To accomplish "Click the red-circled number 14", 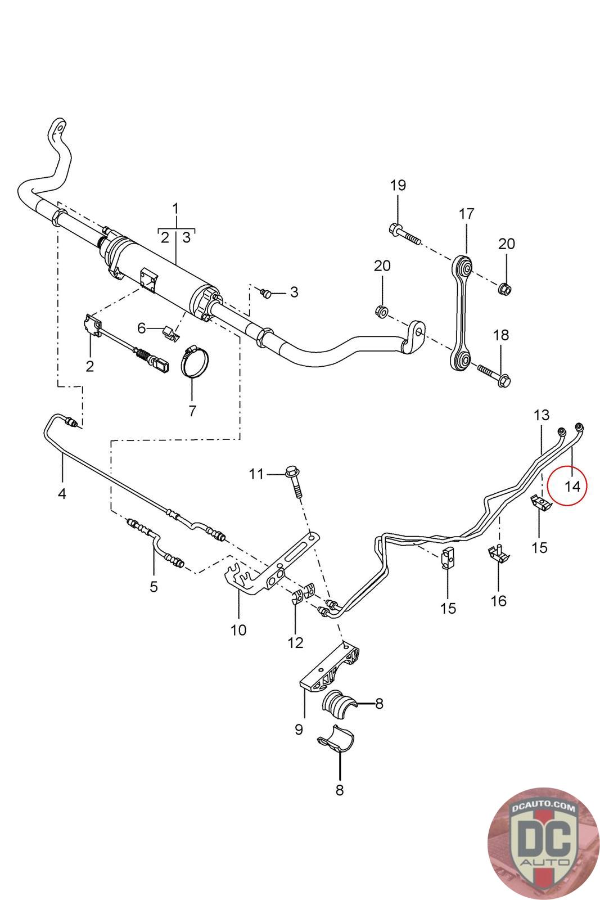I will coord(572,485).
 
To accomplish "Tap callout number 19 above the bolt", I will coord(398,185).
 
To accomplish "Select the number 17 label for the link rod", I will coord(467,214).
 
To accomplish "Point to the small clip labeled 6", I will coord(169,332).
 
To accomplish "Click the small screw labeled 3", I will coord(267,293).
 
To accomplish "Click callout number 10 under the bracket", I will coord(238,629).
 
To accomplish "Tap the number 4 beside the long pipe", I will coord(62,494).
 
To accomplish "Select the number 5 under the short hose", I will coord(154,587).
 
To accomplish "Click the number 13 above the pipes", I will coord(541,416).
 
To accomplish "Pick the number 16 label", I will coord(498,601).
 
